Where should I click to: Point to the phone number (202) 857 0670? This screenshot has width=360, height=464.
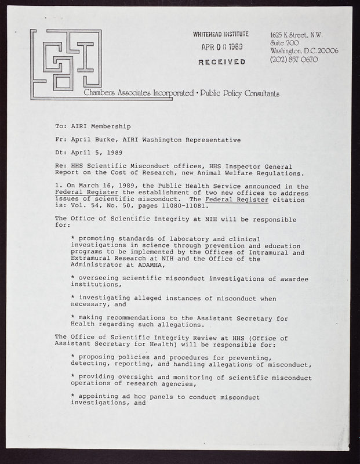294,60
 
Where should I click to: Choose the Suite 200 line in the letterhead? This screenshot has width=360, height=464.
284,43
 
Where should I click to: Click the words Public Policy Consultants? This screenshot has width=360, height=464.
239,93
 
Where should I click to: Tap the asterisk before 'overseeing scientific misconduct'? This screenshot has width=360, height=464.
72,279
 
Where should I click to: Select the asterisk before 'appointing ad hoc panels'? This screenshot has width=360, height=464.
72,397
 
